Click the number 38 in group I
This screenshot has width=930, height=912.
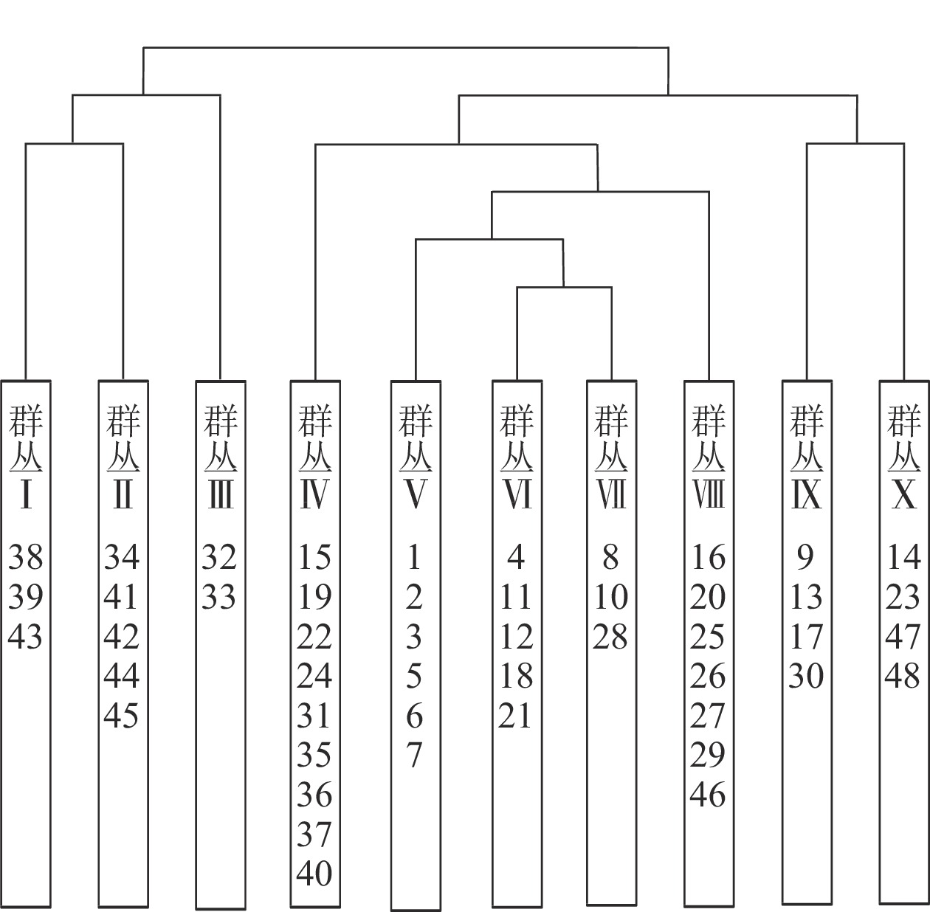pyautogui.click(x=26, y=557)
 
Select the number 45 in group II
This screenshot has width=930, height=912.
pyautogui.click(x=122, y=715)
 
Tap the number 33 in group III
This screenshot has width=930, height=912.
pyautogui.click(x=219, y=596)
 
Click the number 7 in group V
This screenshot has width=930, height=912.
pyautogui.click(x=414, y=755)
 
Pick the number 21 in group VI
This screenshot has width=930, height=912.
pyautogui.click(x=515, y=715)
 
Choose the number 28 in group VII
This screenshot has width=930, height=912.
pyautogui.click(x=610, y=637)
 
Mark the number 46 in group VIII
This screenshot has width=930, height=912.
pyautogui.click(x=708, y=794)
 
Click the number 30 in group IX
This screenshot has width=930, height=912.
pyautogui.click(x=807, y=676)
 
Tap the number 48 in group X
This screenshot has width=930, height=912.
pyautogui.click(x=903, y=676)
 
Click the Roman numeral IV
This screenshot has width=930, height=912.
pyautogui.click(x=314, y=494)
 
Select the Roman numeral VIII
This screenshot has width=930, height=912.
pyautogui.click(x=709, y=494)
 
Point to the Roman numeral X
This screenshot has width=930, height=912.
pyautogui.click(x=903, y=494)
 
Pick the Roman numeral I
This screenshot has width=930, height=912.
pyautogui.click(x=26, y=494)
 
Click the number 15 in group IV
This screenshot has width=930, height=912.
pyautogui.click(x=314, y=557)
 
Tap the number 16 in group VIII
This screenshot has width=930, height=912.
pyautogui.click(x=709, y=557)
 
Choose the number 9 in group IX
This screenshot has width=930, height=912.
pyautogui.click(x=805, y=557)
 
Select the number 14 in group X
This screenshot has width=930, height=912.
pyautogui.click(x=903, y=557)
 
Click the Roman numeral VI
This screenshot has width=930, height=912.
pyautogui.click(x=517, y=494)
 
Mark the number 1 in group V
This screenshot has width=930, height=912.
pyautogui.click(x=413, y=557)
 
